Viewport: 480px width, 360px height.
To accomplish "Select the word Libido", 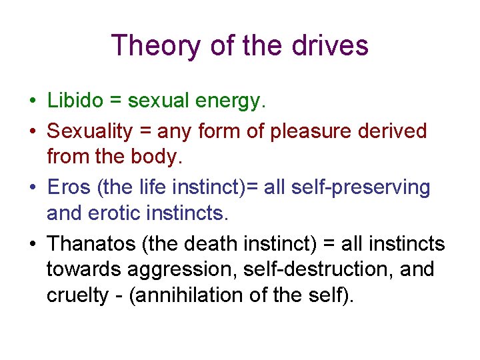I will pyautogui.click(x=75, y=101).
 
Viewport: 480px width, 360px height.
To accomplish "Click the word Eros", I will pyautogui.click(x=69, y=188).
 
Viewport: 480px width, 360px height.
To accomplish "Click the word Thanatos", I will pyautogui.click(x=91, y=244).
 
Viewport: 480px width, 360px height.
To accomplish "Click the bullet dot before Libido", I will pyautogui.click(x=32, y=102).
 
